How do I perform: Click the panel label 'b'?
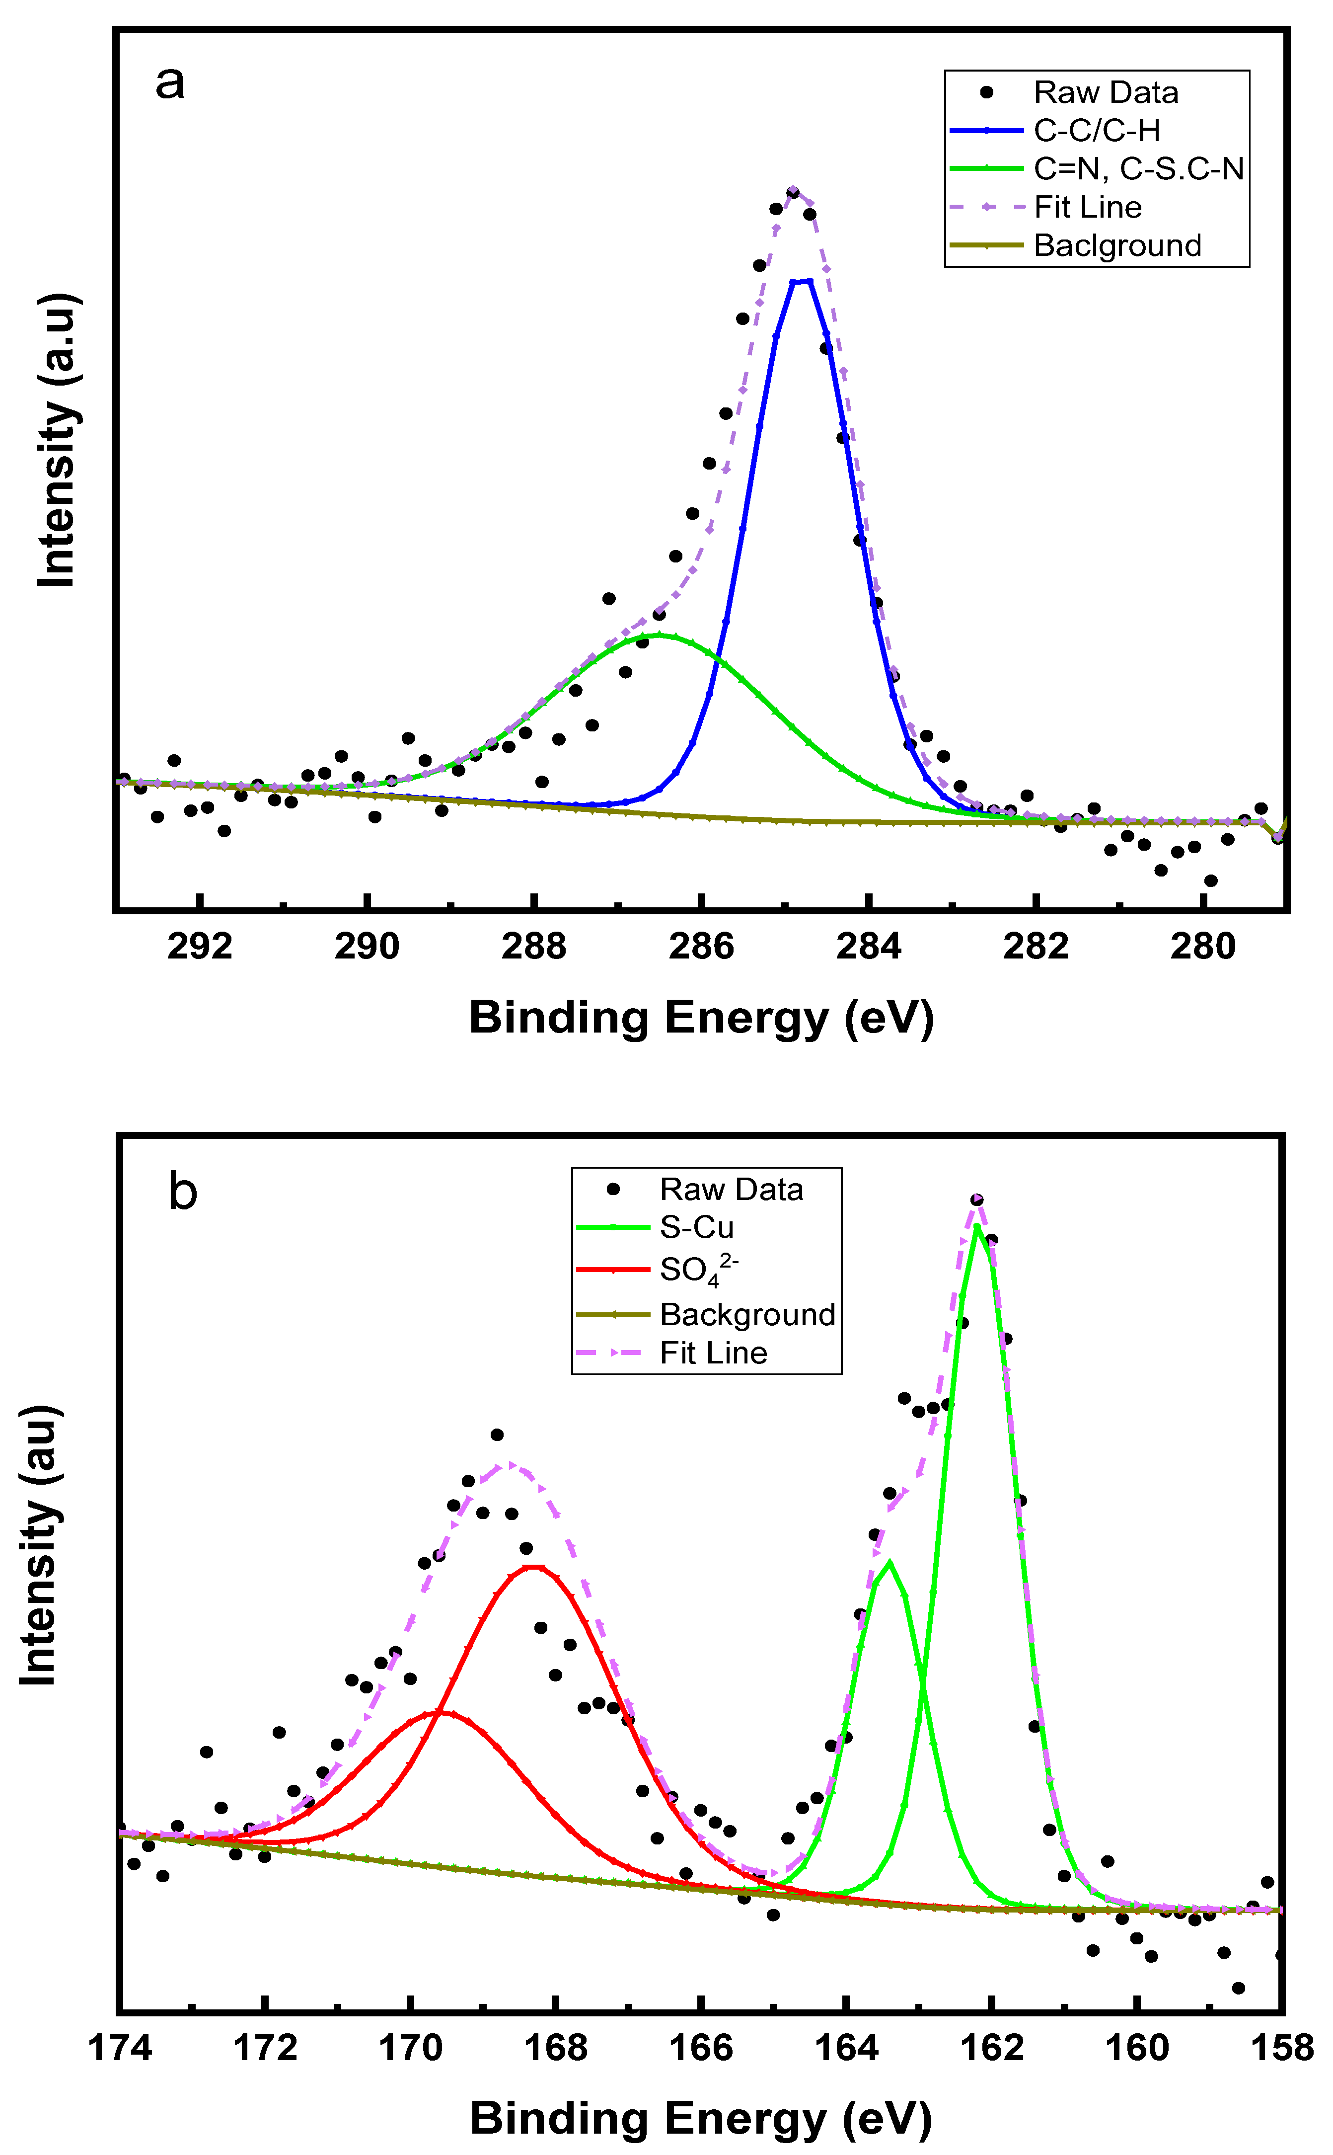(x=182, y=1192)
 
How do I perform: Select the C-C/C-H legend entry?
(x=1096, y=131)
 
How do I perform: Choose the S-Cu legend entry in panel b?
(x=696, y=1227)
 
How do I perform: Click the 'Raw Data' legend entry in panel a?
(x=1106, y=92)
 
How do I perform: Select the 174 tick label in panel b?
(x=120, y=2048)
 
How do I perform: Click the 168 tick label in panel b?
(x=555, y=2048)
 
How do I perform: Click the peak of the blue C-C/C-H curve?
(x=802, y=281)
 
